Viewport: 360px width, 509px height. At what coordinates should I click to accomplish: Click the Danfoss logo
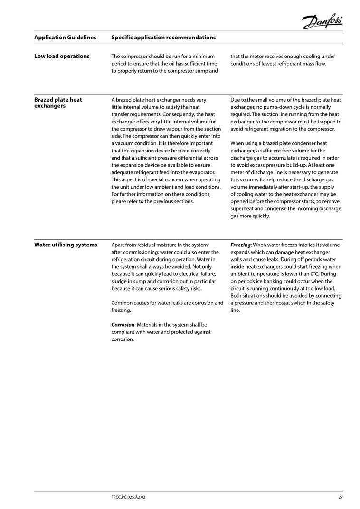tap(322, 20)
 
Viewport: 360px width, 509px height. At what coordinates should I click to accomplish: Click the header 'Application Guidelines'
tap(65, 38)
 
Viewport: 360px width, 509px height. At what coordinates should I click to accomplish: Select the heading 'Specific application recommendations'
tap(163, 38)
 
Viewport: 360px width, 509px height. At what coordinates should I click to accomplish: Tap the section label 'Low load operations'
tap(62, 56)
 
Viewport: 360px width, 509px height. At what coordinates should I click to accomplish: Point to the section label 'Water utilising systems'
tap(66, 245)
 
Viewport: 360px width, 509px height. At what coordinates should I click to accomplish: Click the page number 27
tap(340, 497)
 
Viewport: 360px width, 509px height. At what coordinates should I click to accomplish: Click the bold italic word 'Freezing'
tap(240, 245)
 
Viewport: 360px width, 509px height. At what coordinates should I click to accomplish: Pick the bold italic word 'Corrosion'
tap(123, 325)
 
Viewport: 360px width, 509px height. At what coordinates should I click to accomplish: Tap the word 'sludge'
tap(120, 281)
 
